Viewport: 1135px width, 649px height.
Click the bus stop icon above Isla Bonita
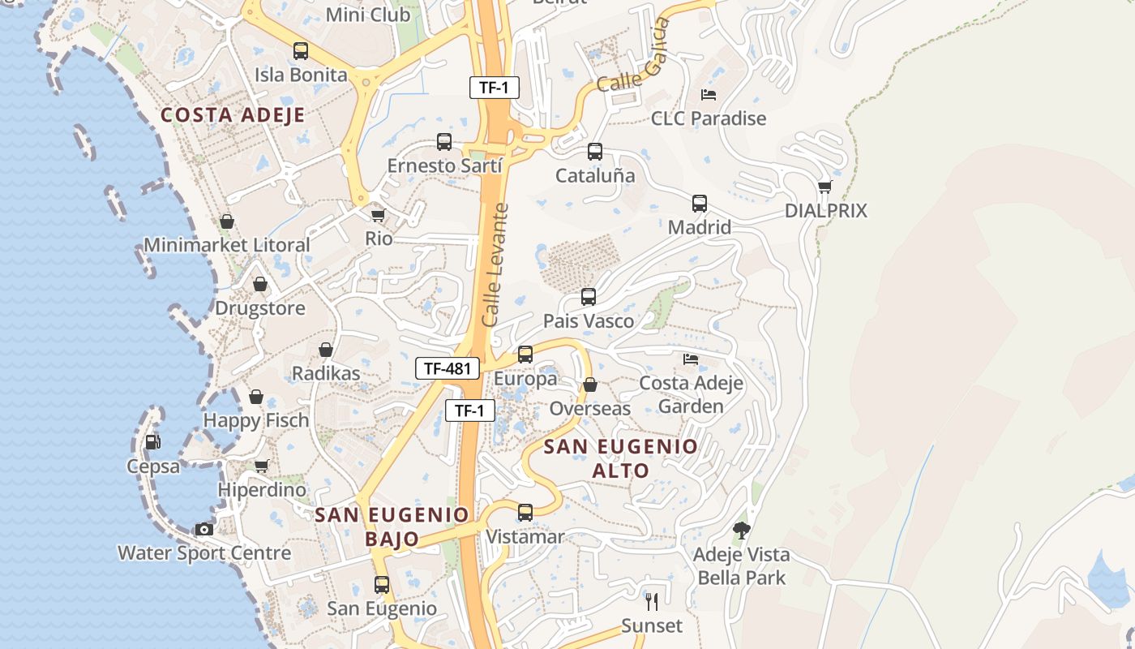301,51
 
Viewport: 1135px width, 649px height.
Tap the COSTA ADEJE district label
233,115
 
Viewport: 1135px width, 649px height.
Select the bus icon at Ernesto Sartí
444,142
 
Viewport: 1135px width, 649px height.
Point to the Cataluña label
595,175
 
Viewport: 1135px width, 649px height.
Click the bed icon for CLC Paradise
709,95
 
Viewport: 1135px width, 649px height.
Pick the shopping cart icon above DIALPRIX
824,187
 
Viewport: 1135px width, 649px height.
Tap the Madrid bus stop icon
700,204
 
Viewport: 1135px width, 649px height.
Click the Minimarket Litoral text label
227,244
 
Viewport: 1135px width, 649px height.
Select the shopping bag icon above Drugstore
260,284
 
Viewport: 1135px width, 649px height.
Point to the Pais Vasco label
589,321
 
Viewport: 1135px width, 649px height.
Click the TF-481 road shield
448,368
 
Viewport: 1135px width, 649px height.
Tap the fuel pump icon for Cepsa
152,442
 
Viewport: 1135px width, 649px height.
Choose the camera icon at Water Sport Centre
204,530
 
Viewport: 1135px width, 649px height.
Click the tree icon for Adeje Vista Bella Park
741,531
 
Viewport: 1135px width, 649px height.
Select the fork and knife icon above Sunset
652,602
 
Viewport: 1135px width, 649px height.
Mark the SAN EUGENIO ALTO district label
621,458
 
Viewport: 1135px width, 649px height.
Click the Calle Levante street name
496,264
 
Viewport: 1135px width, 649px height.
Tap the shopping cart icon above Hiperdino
261,466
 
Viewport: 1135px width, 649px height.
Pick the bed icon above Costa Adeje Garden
691,359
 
